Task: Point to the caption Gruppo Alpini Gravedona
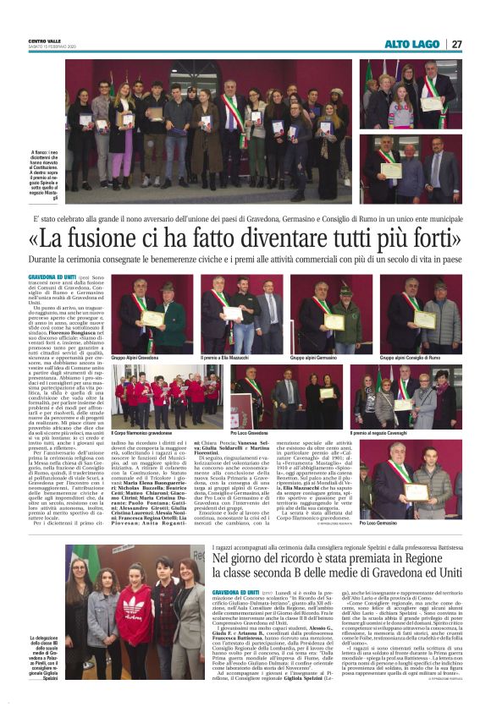[136, 358]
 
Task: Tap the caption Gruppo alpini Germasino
[315, 358]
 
